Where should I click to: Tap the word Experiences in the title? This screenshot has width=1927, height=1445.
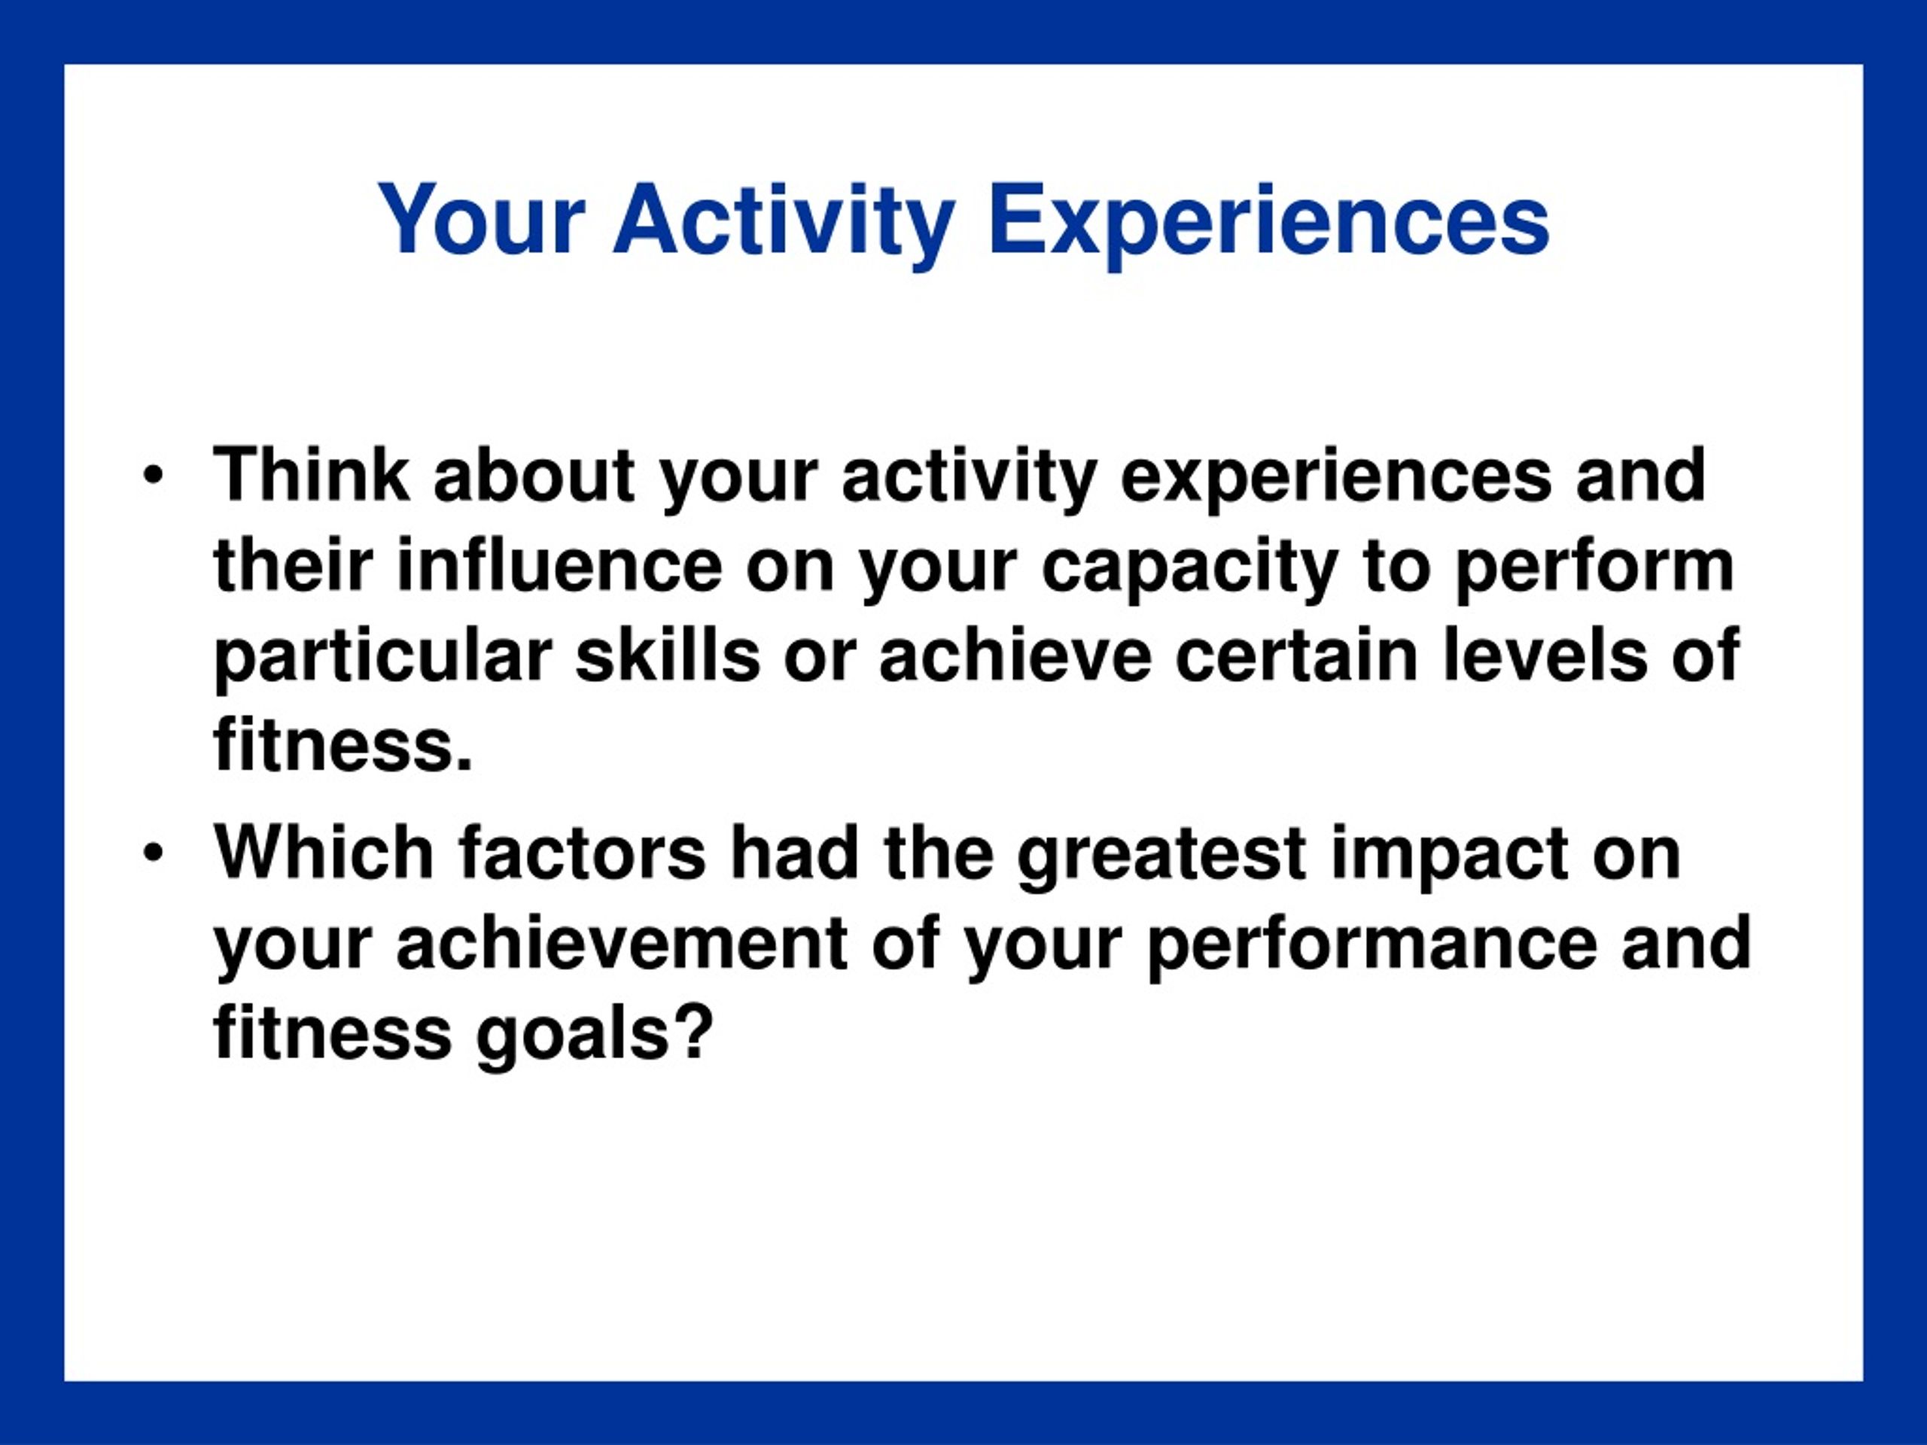click(x=1268, y=221)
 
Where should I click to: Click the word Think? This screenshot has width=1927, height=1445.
click(x=311, y=475)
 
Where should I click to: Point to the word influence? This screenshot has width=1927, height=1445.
click(x=559, y=565)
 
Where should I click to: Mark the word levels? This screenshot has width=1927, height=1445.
click(x=1545, y=655)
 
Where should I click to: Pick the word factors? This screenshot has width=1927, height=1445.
click(x=582, y=854)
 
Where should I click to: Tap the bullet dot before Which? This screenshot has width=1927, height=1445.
click(x=154, y=854)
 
